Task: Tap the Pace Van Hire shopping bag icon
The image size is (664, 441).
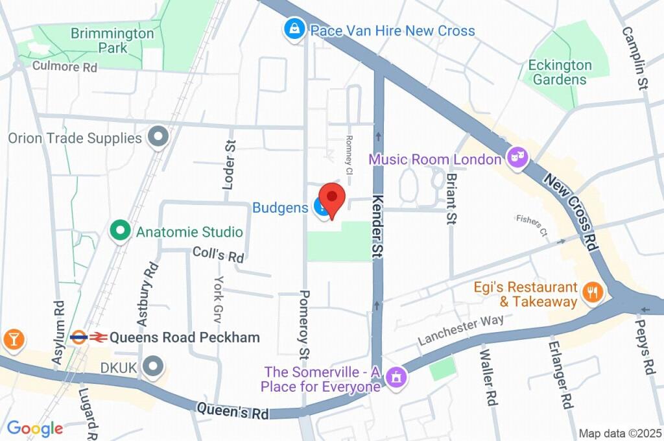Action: coord(294,30)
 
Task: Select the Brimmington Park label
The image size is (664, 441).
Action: coord(112,40)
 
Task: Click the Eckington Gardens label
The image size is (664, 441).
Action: coord(560,73)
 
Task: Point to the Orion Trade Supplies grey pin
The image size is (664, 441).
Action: coord(158,137)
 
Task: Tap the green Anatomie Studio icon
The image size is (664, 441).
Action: coord(119,232)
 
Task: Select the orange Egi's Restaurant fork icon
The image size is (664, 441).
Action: coord(591,293)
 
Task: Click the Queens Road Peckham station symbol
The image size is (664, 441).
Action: coord(88,337)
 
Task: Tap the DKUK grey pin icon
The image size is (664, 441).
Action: coord(153,367)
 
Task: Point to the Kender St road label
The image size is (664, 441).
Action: coord(377,227)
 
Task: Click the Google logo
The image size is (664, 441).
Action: coord(35,428)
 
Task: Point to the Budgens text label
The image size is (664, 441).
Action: coord(280,208)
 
